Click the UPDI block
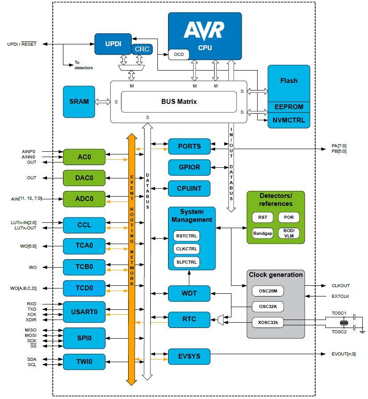pyautogui.click(x=113, y=43)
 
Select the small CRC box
pyautogui.click(x=142, y=49)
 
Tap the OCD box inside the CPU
pyautogui.click(x=179, y=54)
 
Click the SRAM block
pyautogui.click(x=79, y=102)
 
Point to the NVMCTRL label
pyautogui.click(x=289, y=120)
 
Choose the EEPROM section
pyautogui.click(x=289, y=107)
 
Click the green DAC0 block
pyautogui.click(x=84, y=178)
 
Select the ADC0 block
pyautogui.click(x=84, y=199)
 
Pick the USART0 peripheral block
pyautogui.click(x=84, y=312)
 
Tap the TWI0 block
pyautogui.click(x=84, y=362)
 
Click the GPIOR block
pyautogui.click(x=189, y=167)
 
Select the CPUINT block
pyautogui.click(x=189, y=189)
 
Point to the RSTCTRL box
pyautogui.click(x=186, y=235)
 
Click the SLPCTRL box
pyautogui.click(x=186, y=262)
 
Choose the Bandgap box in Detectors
pyautogui.click(x=262, y=233)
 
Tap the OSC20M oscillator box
pyautogui.click(x=268, y=291)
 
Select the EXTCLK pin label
pyautogui.click(x=341, y=296)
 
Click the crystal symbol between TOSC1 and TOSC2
pyautogui.click(x=342, y=322)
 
